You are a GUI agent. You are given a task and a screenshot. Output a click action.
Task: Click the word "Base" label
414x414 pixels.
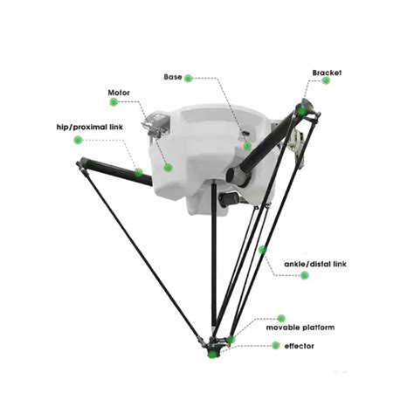tap(173, 77)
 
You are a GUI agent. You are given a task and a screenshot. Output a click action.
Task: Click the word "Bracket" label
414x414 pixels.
tap(327, 71)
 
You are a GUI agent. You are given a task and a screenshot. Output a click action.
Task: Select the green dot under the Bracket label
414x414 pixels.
tap(326, 81)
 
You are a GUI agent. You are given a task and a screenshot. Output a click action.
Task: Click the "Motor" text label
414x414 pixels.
tap(120, 92)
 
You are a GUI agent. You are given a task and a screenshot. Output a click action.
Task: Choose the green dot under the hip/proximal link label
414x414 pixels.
tap(78, 139)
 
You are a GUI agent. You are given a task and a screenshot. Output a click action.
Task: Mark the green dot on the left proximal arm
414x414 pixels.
tap(138, 172)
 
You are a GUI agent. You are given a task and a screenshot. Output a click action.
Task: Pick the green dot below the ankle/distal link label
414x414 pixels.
tap(304, 275)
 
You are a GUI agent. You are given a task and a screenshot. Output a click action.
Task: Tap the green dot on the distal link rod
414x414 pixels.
tap(262, 250)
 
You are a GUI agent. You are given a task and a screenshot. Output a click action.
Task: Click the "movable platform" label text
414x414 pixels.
tap(300, 328)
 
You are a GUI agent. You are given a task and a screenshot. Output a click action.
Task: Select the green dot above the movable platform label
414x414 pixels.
tap(281, 318)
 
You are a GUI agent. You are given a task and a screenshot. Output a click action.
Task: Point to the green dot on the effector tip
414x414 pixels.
tap(209, 354)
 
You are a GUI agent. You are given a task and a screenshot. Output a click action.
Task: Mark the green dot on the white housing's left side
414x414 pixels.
tap(168, 167)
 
